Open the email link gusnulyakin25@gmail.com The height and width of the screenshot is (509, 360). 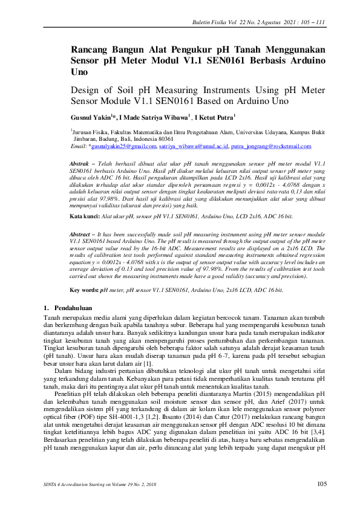click(x=123, y=146)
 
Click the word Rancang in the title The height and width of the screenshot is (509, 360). click(x=92, y=50)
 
